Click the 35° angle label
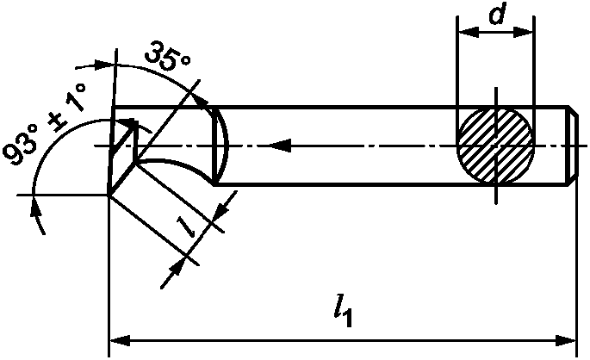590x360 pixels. tap(168, 57)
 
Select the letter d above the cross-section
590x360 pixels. tap(497, 15)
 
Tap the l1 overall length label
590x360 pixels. tap(343, 312)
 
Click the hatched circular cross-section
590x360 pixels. tap(495, 146)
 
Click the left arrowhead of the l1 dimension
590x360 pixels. tap(121, 341)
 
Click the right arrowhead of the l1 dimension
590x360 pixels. tap(565, 341)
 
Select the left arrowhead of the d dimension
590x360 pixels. tap(468, 33)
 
